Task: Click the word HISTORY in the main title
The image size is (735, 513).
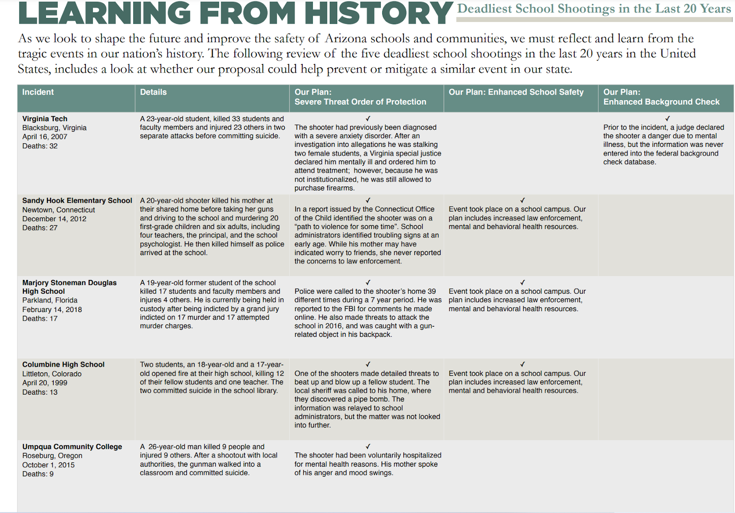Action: click(x=379, y=13)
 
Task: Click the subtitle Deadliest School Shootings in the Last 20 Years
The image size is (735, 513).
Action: click(x=594, y=9)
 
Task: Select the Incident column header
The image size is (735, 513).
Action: click(x=38, y=92)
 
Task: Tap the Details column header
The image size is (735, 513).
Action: click(x=153, y=92)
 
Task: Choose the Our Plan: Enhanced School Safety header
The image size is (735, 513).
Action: click(x=516, y=92)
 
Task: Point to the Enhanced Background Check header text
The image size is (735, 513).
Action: click(x=661, y=102)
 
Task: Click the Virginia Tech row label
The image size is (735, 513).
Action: click(x=45, y=119)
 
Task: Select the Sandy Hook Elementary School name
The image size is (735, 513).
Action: click(x=77, y=201)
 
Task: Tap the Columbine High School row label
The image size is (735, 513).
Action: click(x=63, y=365)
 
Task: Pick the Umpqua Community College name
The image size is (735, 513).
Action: click(x=72, y=447)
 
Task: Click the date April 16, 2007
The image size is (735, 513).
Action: click(x=45, y=137)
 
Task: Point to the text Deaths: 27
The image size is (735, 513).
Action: click(x=40, y=228)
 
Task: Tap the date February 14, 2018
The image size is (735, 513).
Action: click(x=52, y=310)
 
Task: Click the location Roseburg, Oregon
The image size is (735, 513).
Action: click(x=52, y=456)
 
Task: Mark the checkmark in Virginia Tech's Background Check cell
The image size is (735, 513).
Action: click(x=667, y=118)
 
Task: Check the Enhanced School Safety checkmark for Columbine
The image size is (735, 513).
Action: click(x=522, y=364)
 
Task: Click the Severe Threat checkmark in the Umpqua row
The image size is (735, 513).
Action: click(x=368, y=446)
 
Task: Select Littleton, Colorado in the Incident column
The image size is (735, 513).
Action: click(x=52, y=374)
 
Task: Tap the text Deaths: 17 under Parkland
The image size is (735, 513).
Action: click(x=40, y=318)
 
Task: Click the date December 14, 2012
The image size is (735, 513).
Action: click(x=54, y=219)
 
